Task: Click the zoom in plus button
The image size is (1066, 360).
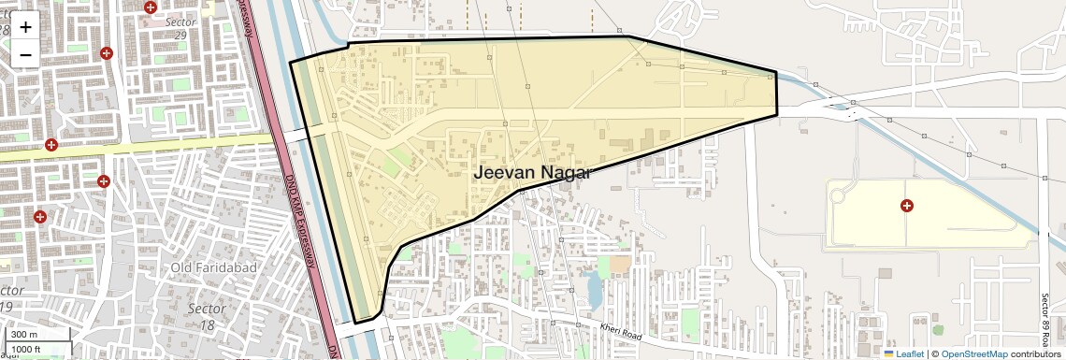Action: tap(25, 27)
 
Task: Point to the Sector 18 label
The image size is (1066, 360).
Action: tap(208, 316)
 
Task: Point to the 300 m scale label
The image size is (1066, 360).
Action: tap(24, 335)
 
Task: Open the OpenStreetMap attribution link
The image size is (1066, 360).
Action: tap(975, 353)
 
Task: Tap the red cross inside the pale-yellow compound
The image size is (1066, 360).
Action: tap(906, 205)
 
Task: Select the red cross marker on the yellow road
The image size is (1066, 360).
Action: tap(51, 145)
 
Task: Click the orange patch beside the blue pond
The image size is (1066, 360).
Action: tap(620, 266)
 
